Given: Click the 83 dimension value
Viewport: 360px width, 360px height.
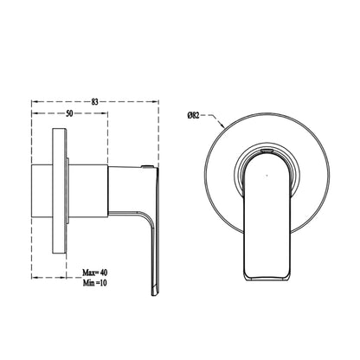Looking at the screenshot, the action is tap(95, 101).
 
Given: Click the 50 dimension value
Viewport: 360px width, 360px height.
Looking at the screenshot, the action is tap(69, 113).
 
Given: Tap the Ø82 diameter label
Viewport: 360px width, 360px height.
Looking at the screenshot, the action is tap(193, 116).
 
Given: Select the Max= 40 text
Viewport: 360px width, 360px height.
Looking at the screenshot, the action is tap(95, 273).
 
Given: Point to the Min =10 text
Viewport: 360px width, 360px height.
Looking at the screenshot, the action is tap(95, 283).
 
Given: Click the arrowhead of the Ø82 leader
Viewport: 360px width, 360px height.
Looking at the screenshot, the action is tap(222, 125).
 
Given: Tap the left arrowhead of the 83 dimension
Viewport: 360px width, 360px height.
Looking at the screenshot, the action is tap(35, 101).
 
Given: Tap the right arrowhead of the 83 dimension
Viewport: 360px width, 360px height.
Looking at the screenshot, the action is tap(155, 101).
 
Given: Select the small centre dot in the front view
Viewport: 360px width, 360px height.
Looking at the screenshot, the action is tap(267, 176).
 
